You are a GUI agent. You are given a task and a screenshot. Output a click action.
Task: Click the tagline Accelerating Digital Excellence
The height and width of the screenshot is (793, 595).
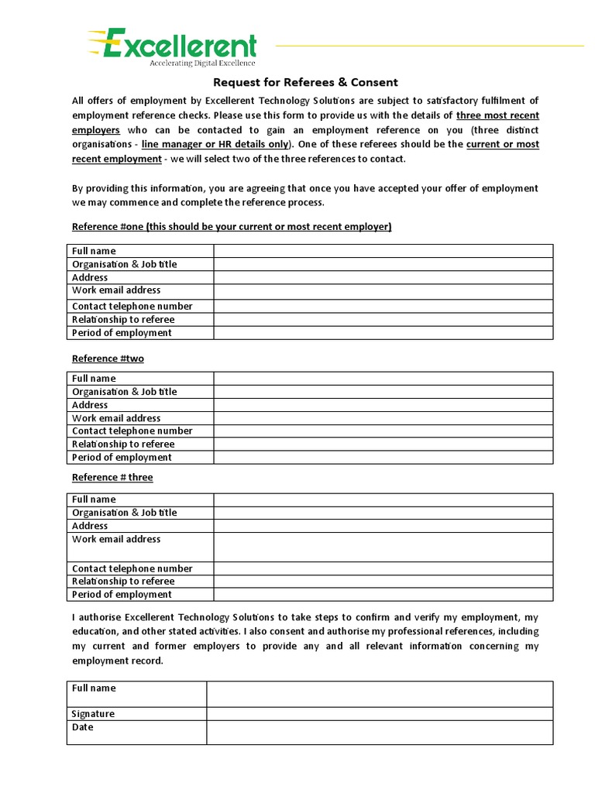202,64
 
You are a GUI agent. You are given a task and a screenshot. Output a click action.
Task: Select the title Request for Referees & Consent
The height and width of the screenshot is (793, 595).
305,82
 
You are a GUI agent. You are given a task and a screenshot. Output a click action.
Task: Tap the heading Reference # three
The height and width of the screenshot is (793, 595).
112,477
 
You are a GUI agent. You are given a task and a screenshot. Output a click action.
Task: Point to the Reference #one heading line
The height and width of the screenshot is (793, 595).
232,226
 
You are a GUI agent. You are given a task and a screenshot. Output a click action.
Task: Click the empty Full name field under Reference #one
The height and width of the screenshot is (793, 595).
383,251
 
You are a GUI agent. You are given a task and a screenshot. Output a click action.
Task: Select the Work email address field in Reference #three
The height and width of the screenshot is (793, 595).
383,547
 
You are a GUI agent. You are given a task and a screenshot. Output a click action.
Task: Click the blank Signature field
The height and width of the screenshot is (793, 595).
379,714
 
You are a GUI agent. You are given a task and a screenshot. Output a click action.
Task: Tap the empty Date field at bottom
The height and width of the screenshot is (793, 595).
379,733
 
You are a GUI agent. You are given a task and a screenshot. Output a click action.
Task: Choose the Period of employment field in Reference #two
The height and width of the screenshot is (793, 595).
383,458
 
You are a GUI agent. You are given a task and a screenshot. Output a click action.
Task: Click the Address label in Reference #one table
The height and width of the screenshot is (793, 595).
90,277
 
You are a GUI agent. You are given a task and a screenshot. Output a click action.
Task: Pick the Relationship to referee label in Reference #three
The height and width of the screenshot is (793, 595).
123,582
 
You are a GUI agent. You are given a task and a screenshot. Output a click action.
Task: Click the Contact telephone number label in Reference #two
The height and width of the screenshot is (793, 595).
132,431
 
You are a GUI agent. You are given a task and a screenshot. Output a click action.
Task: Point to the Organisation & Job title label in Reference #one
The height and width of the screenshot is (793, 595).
124,264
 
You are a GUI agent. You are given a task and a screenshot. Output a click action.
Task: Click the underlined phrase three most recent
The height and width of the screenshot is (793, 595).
498,115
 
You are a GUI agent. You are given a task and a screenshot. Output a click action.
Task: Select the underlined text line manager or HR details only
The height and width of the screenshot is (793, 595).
215,144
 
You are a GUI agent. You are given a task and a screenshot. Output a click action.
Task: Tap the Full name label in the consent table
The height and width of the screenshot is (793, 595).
94,688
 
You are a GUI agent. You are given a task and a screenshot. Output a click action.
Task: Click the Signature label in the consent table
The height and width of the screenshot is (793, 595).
93,714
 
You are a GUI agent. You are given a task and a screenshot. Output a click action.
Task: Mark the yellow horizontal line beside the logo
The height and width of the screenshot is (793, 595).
429,46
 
